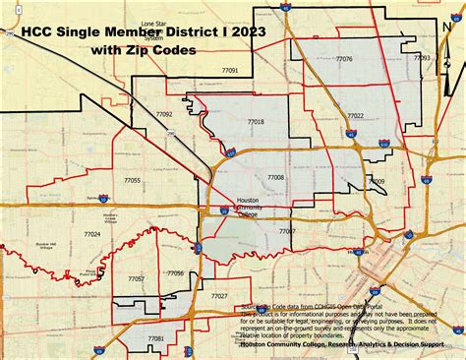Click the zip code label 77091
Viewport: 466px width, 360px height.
230,71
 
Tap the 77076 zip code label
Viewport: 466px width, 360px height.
344,59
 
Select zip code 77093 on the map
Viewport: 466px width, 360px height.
421,58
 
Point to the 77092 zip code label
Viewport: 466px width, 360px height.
164,114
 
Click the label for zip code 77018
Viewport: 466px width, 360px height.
256,121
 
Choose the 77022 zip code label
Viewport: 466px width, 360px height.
355,116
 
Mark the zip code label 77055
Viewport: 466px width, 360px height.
133,180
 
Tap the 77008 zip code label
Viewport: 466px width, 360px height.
276,177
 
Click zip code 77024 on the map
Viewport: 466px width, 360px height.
92,234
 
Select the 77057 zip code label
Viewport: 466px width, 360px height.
137,278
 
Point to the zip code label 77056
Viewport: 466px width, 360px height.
176,272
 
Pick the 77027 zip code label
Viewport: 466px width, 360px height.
219,295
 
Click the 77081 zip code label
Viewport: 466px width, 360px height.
155,337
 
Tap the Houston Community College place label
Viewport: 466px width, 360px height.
249,208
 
